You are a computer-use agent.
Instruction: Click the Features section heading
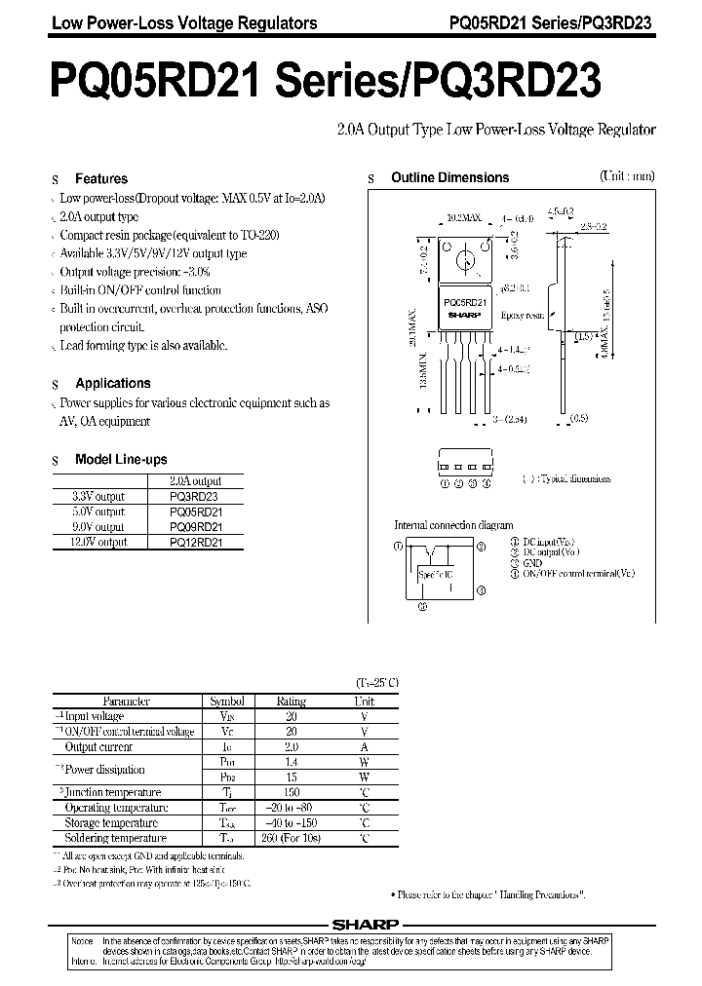pyautogui.click(x=101, y=179)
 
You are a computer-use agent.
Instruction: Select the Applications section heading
pyautogui.click(x=113, y=384)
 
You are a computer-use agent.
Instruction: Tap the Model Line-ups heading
pyautogui.click(x=121, y=460)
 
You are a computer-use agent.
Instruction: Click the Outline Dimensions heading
pyautogui.click(x=449, y=178)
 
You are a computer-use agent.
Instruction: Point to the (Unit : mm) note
pyautogui.click(x=627, y=176)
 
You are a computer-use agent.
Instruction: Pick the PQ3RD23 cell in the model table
pyautogui.click(x=195, y=496)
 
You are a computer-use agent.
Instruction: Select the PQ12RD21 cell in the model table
pyautogui.click(x=195, y=543)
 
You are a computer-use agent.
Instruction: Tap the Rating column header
pyautogui.click(x=291, y=701)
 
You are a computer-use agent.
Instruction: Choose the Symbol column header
pyautogui.click(x=225, y=701)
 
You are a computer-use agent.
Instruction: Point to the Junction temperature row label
pyautogui.click(x=113, y=793)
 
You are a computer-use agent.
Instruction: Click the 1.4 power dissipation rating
pyautogui.click(x=291, y=762)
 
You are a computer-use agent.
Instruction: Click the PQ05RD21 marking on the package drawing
pyautogui.click(x=464, y=303)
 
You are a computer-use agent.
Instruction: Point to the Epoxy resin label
pyautogui.click(x=522, y=317)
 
